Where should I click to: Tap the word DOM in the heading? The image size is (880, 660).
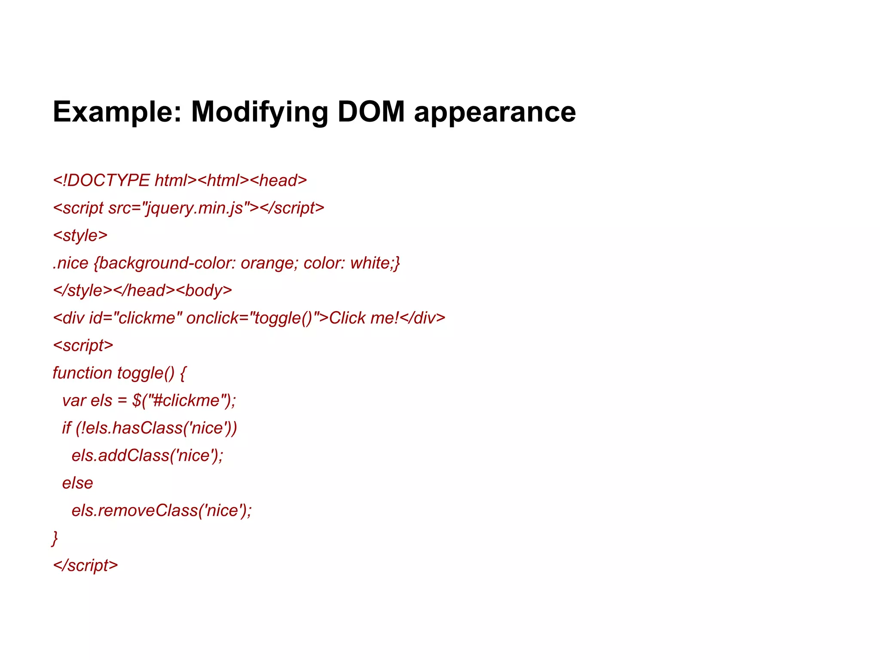click(x=371, y=112)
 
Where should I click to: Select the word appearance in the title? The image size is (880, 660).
click(x=495, y=112)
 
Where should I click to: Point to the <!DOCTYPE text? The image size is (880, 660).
click(x=101, y=180)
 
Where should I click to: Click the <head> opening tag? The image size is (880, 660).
click(x=278, y=180)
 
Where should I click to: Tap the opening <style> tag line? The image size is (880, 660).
click(x=80, y=235)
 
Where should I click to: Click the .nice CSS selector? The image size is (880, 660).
click(x=70, y=263)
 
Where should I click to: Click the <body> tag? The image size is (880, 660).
click(x=204, y=290)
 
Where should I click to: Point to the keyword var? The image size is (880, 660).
click(x=74, y=400)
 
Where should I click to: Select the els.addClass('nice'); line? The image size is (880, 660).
click(x=147, y=455)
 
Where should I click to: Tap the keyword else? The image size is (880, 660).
click(x=77, y=483)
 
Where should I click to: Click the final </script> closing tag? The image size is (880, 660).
click(x=86, y=565)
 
